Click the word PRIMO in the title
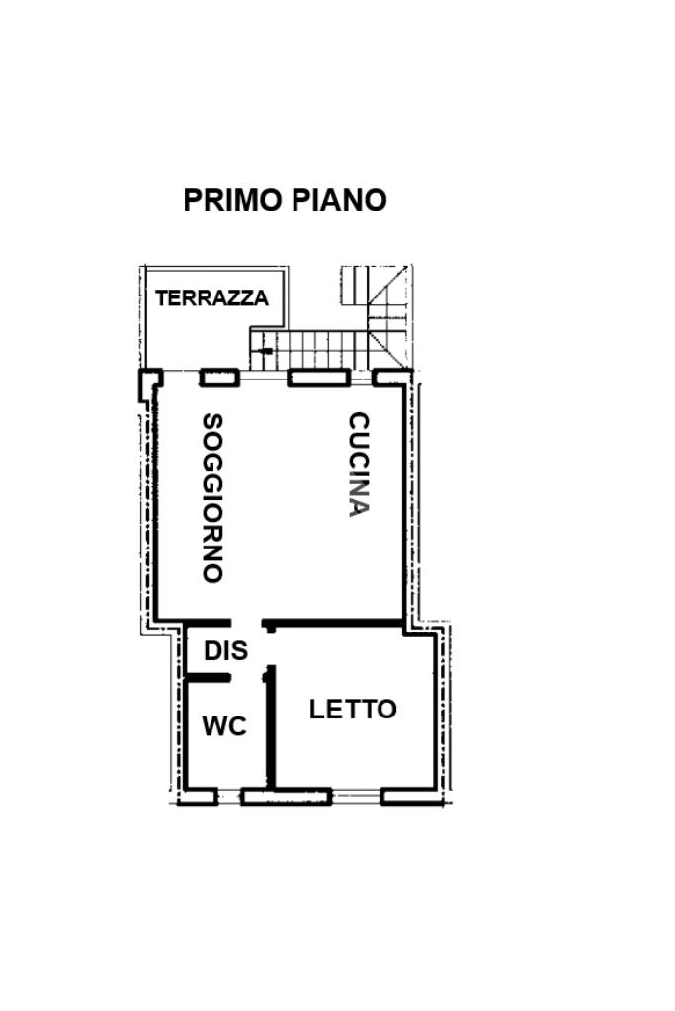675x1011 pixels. click(x=234, y=200)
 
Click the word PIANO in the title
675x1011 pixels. click(x=339, y=200)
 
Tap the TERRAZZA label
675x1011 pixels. click(x=211, y=297)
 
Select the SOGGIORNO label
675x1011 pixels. click(x=212, y=498)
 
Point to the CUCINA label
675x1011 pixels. click(x=359, y=464)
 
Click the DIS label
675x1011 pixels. click(x=225, y=650)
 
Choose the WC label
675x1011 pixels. click(x=224, y=726)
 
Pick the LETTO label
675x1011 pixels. click(x=353, y=710)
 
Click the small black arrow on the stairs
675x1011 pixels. click(x=264, y=351)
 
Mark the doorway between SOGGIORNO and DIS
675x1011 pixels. click(x=246, y=623)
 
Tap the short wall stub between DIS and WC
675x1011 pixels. click(x=208, y=678)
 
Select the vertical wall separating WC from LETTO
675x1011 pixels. click(x=272, y=727)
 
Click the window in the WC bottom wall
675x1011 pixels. click(x=229, y=798)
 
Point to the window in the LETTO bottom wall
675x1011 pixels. click(x=357, y=798)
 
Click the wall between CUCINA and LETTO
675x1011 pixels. click(x=333, y=623)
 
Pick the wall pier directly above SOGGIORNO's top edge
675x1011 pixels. click(x=219, y=378)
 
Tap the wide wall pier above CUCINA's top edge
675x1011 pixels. click(x=318, y=378)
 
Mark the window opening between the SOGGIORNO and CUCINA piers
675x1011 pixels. click(x=263, y=378)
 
